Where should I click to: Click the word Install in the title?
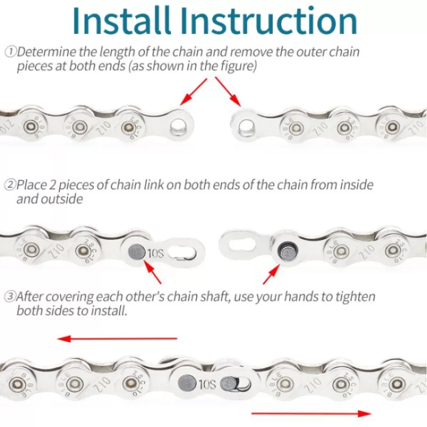[122, 21]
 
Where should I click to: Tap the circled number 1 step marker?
[11, 52]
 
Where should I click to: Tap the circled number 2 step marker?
[10, 185]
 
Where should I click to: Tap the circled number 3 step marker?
[10, 296]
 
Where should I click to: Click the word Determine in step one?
[46, 52]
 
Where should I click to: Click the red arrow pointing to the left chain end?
[194, 92]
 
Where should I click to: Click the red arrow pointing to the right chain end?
[228, 92]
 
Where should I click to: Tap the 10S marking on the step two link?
[155, 254]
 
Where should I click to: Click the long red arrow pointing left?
[117, 339]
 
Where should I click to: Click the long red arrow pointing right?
[311, 413]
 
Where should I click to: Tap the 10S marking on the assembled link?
[207, 384]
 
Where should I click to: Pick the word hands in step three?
[302, 297]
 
